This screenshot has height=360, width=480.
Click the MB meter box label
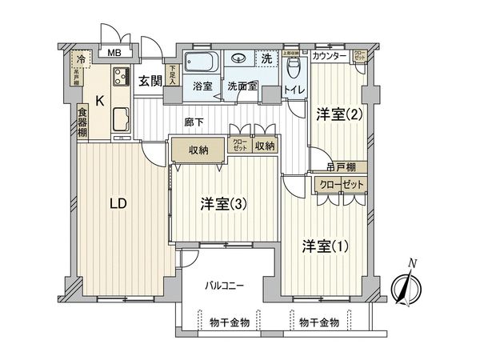pyautogui.click(x=114, y=54)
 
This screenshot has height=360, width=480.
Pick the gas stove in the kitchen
pyautogui.click(x=121, y=78)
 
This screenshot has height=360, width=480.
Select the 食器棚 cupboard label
pyautogui.click(x=82, y=121)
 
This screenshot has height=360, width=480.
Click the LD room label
pyautogui.click(x=118, y=203)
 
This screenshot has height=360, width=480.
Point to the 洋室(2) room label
pyautogui.click(x=339, y=114)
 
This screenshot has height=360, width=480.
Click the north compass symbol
pyautogui.click(x=406, y=286)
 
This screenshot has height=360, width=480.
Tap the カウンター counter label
pyautogui.click(x=330, y=56)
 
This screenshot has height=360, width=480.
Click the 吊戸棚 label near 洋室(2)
pyautogui.click(x=342, y=167)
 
